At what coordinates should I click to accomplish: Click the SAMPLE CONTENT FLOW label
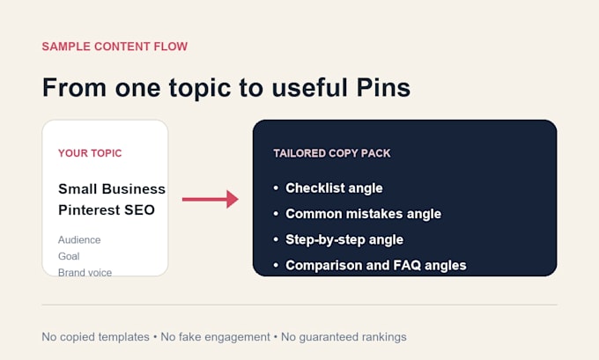(115, 47)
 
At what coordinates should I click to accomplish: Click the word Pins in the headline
(383, 87)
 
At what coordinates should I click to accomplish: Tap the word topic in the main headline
(200, 88)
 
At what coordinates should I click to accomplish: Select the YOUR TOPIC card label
(90, 153)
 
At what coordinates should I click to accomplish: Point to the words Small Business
(112, 188)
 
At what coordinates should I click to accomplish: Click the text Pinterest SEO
(107, 209)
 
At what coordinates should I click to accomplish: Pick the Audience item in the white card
(79, 239)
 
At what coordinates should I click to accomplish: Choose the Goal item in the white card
(69, 256)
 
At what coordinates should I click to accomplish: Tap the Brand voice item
(85, 272)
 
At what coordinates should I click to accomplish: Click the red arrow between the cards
(211, 199)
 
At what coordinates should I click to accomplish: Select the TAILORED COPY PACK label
(331, 153)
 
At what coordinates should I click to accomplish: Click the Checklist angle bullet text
(334, 188)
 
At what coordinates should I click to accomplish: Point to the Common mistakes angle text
(363, 214)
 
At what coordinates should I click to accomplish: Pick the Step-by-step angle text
(344, 239)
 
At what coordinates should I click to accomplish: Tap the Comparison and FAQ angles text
(376, 265)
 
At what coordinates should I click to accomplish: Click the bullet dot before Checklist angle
(276, 187)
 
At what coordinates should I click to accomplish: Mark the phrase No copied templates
(95, 337)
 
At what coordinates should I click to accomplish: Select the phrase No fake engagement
(215, 337)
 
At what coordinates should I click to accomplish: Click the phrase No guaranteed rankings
(344, 337)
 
